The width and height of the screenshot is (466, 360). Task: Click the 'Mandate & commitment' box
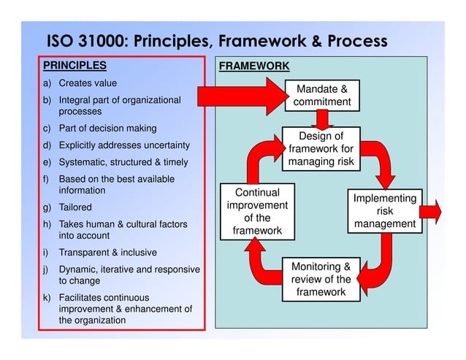pyautogui.click(x=322, y=96)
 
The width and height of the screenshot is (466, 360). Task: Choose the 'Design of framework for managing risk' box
pyautogui.click(x=321, y=148)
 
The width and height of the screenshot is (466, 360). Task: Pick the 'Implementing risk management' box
pyautogui.click(x=385, y=211)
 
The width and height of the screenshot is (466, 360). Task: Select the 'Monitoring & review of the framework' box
pyautogui.click(x=321, y=279)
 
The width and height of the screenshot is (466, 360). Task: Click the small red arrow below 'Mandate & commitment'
pyautogui.click(x=321, y=119)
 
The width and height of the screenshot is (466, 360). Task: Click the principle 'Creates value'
pyautogui.click(x=88, y=83)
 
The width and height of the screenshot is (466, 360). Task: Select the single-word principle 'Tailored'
pyautogui.click(x=75, y=207)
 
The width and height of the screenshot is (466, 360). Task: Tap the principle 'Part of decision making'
pyautogui.click(x=107, y=129)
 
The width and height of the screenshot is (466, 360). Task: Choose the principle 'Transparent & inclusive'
pyautogui.click(x=107, y=253)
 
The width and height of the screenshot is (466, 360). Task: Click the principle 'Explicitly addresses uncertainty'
pyautogui.click(x=124, y=145)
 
